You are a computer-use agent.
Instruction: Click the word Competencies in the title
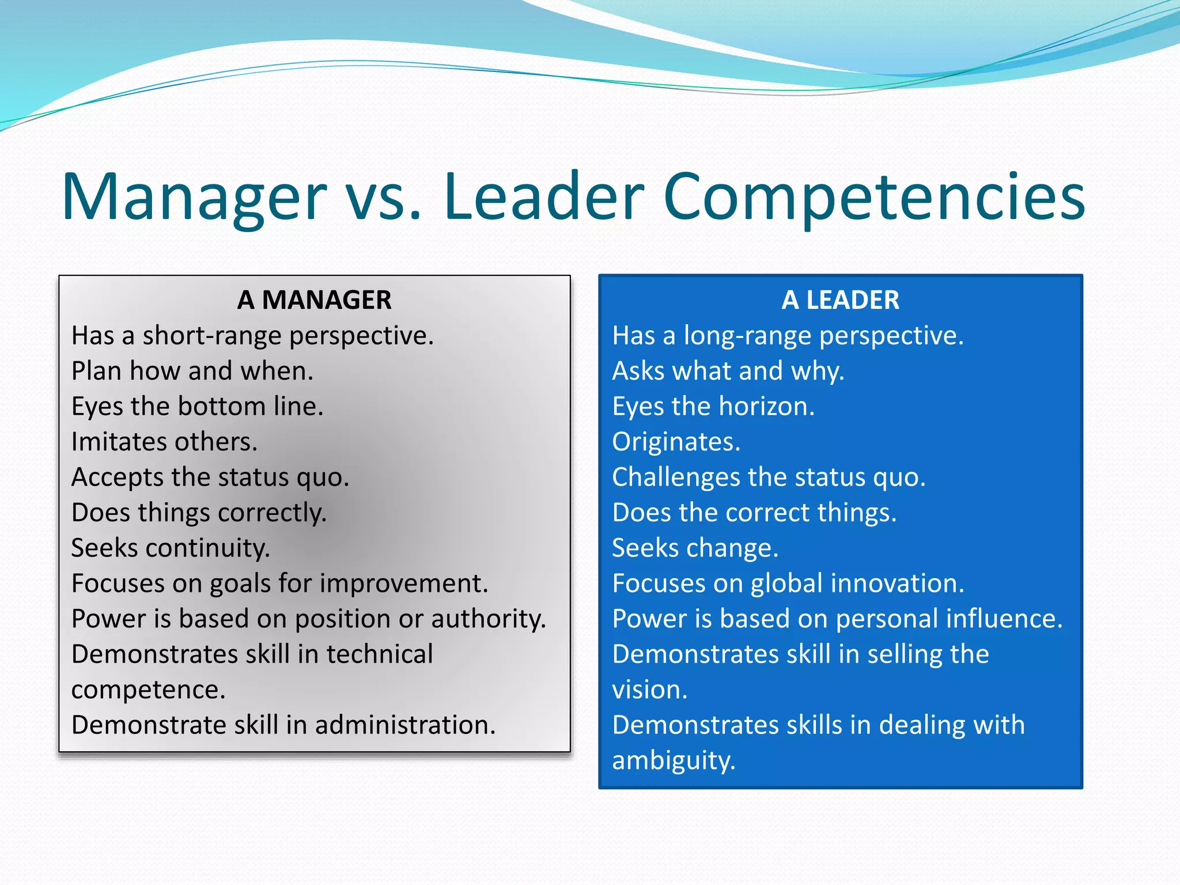[874, 197]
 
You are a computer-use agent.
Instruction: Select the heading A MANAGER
[314, 300]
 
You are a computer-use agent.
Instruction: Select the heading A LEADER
[840, 300]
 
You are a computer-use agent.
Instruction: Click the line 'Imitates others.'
[164, 442]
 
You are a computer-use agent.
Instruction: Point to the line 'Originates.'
[676, 442]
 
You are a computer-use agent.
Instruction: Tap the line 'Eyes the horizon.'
[713, 406]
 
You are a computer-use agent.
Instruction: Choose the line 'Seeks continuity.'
[171, 548]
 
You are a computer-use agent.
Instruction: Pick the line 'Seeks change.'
[695, 548]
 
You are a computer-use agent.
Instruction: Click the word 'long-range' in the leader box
[747, 335]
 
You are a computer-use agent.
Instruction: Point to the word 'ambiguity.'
[674, 761]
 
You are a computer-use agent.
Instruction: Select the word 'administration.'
[405, 725]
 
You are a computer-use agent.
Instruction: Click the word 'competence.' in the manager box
[148, 690]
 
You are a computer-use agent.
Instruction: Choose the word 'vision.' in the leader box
[650, 690]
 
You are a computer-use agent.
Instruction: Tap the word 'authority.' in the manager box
[488, 619]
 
